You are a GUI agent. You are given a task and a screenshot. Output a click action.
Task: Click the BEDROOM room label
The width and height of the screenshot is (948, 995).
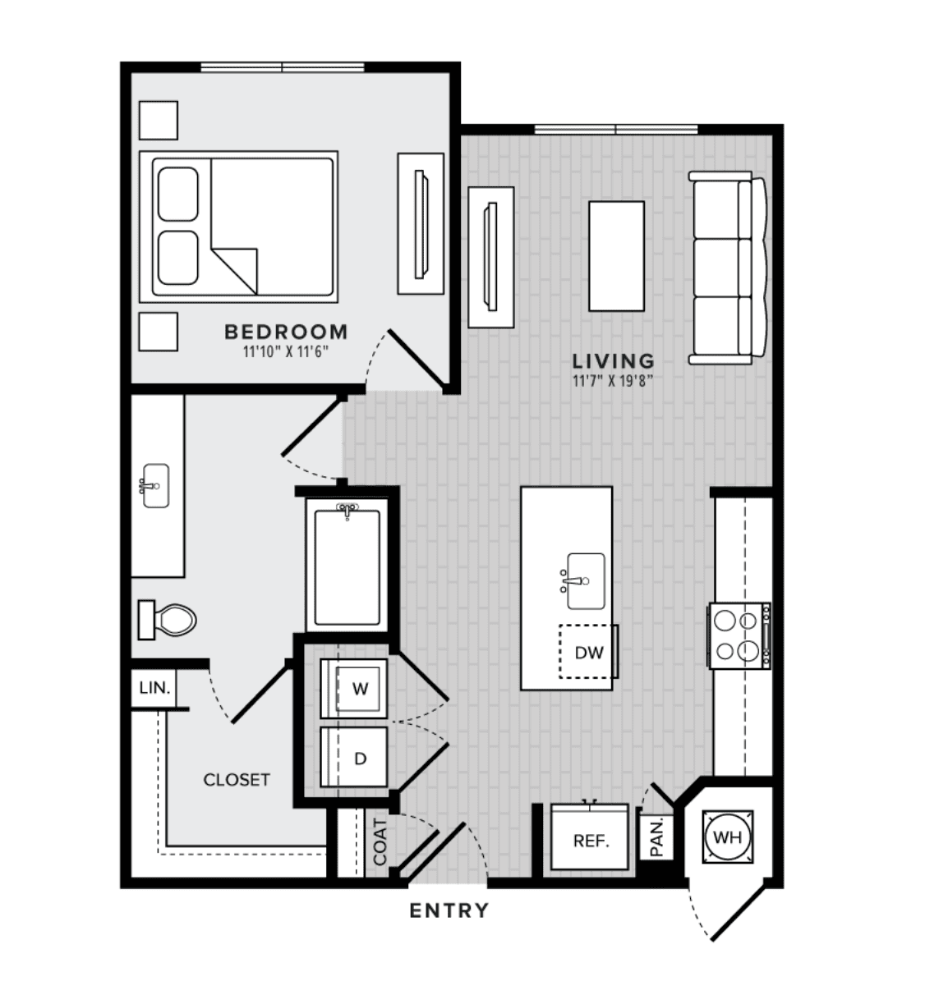pyautogui.click(x=286, y=332)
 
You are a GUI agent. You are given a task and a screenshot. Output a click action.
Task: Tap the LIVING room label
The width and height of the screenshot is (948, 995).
pyautogui.click(x=614, y=361)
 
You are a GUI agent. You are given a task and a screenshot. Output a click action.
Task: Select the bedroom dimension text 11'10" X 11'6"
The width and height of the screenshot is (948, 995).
pyautogui.click(x=286, y=351)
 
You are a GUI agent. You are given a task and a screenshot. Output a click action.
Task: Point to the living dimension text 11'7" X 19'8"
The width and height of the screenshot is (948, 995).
pyautogui.click(x=613, y=381)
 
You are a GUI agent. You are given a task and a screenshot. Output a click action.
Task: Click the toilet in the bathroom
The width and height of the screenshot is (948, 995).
pyautogui.click(x=167, y=620)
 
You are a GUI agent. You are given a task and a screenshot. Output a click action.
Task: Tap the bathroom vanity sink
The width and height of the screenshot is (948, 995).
pyautogui.click(x=155, y=486)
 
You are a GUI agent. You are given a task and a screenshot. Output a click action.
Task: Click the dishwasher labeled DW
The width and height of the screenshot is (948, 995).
pyautogui.click(x=588, y=652)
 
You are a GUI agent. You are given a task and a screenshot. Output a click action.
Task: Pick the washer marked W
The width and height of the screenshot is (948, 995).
pyautogui.click(x=354, y=688)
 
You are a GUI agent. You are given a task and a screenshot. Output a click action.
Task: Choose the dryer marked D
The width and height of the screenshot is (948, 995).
pyautogui.click(x=354, y=758)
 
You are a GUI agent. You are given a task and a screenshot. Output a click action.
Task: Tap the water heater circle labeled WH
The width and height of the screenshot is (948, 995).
pyautogui.click(x=728, y=837)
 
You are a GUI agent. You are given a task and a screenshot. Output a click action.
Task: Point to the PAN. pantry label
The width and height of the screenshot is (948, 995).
pyautogui.click(x=656, y=838)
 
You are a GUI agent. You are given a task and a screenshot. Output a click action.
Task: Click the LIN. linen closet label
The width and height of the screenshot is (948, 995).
pyautogui.click(x=154, y=688)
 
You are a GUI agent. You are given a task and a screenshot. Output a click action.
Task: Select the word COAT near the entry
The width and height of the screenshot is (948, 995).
pyautogui.click(x=380, y=842)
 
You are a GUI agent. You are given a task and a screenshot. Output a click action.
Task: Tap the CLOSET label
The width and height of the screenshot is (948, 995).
pyautogui.click(x=237, y=779)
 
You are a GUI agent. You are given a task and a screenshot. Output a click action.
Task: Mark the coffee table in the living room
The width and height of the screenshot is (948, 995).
pyautogui.click(x=616, y=256)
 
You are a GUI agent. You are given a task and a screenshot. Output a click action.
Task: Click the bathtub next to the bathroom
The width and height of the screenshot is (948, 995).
pyautogui.click(x=347, y=567)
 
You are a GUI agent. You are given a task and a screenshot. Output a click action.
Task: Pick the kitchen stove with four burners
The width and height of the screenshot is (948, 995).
pyautogui.click(x=739, y=635)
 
